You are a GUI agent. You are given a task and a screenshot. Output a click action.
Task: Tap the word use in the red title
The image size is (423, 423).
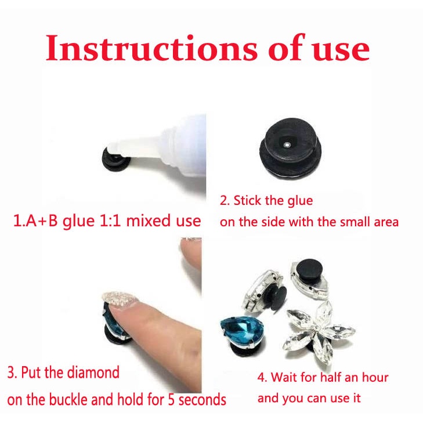(341, 50)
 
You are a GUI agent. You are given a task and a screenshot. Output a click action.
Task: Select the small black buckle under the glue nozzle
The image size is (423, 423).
(116, 161)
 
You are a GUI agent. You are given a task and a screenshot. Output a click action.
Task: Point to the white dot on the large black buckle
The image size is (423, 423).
(288, 146)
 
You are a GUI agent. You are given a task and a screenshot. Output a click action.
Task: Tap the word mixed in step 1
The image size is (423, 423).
(149, 220)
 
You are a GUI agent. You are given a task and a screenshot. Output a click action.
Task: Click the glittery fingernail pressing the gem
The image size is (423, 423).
(120, 299)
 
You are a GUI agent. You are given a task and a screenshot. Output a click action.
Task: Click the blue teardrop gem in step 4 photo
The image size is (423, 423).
(243, 330)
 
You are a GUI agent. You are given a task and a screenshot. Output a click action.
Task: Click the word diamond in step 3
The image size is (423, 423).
(93, 373)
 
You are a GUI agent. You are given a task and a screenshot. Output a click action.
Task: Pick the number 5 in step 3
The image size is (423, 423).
(171, 400)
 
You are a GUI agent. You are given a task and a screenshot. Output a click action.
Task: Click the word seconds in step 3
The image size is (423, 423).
(203, 400)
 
